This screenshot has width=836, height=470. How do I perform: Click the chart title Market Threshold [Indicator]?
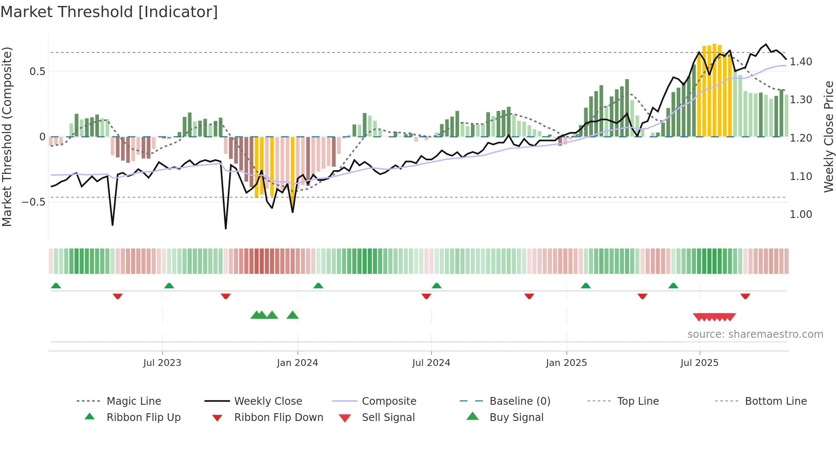click(x=109, y=12)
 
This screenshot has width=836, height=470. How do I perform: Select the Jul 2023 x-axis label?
click(x=162, y=363)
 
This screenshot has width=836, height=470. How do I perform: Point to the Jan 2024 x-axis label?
click(x=297, y=363)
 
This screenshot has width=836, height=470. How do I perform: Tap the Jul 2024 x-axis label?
click(x=431, y=363)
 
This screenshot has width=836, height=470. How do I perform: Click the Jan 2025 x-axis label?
click(x=566, y=363)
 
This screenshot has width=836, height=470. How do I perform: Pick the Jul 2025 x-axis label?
click(x=700, y=363)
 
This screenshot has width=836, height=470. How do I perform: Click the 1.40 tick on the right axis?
click(x=801, y=62)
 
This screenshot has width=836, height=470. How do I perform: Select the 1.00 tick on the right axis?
click(x=801, y=215)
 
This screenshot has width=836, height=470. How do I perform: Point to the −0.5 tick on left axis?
click(x=34, y=202)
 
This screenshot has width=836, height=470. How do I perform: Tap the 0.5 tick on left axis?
click(x=38, y=72)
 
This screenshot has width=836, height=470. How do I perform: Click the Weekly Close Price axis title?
click(x=828, y=136)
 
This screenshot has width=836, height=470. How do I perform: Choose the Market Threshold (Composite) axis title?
click(x=7, y=136)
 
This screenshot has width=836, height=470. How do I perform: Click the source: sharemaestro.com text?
click(x=755, y=334)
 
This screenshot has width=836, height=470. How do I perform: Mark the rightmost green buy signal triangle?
click(x=293, y=315)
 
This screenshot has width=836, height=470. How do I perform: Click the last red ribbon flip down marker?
click(x=745, y=296)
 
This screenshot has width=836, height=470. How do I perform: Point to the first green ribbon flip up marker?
click(x=56, y=286)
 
